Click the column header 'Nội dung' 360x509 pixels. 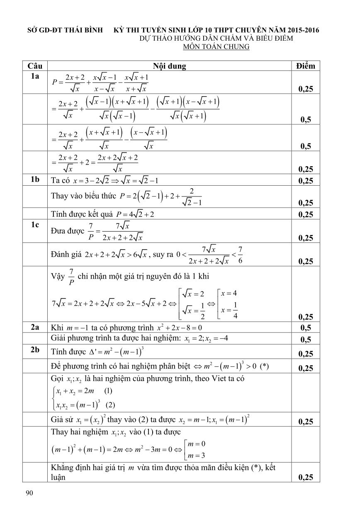(x=169, y=66)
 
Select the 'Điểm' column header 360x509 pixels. (x=306, y=66)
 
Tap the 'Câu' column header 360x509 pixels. (x=35, y=66)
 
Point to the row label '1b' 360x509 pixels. (x=35, y=180)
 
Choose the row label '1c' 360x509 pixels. (x=35, y=225)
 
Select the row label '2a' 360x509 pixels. (x=35, y=327)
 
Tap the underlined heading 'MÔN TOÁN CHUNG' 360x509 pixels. (x=216, y=47)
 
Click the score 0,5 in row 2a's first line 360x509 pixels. (x=306, y=327)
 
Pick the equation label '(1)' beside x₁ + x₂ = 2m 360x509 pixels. (x=108, y=390)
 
